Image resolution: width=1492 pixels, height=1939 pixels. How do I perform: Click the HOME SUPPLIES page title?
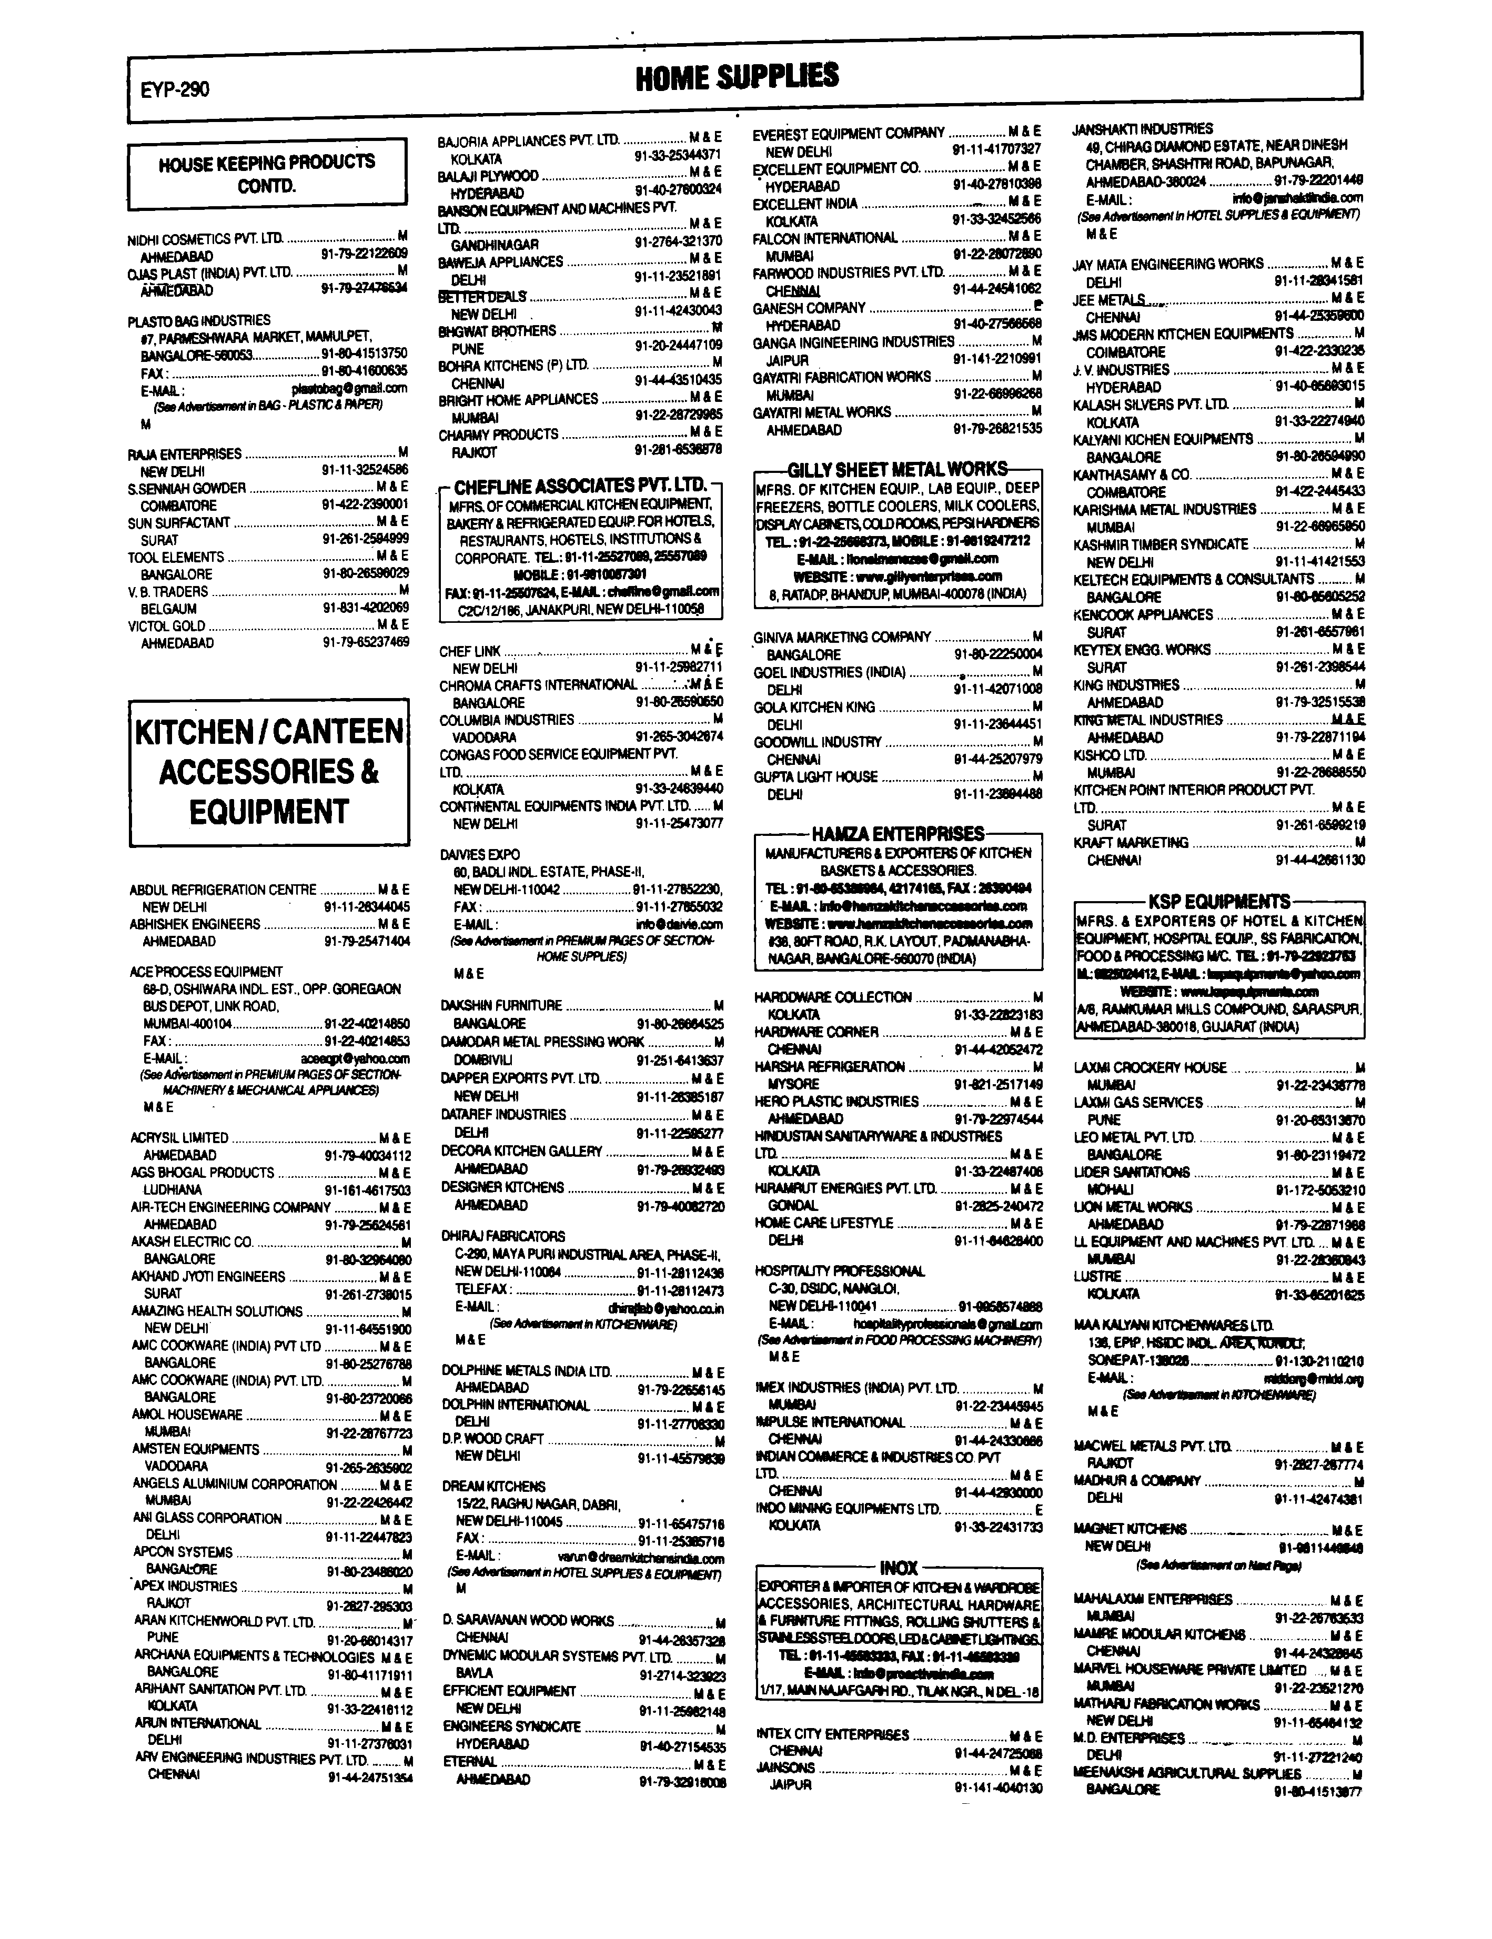737,77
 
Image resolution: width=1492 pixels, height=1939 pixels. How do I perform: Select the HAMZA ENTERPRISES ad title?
897,834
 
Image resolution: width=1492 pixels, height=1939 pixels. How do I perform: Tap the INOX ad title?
898,1568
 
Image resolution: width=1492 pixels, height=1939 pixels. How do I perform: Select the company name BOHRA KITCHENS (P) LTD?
513,365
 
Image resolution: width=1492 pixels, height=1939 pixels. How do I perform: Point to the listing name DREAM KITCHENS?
494,1486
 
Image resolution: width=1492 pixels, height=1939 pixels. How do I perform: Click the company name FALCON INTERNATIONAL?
825,238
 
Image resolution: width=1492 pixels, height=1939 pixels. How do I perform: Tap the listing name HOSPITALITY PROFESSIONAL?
839,1271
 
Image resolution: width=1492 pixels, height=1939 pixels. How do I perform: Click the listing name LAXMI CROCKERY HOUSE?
1150,1068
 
